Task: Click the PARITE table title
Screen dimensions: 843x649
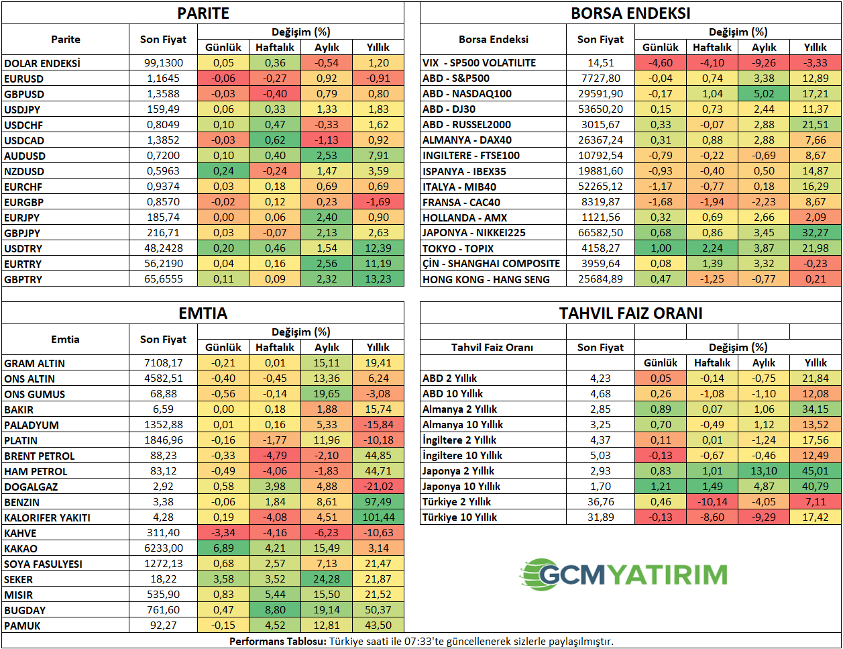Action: (203, 13)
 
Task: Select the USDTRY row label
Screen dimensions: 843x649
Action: (23, 248)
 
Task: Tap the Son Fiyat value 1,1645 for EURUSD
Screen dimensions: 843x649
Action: (163, 79)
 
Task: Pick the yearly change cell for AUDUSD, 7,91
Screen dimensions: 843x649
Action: (378, 156)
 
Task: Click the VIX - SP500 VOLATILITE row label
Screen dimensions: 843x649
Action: (479, 63)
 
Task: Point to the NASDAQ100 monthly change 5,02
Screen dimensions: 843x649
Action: (764, 94)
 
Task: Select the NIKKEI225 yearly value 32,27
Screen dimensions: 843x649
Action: (815, 233)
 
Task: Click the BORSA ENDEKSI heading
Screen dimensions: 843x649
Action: (630, 13)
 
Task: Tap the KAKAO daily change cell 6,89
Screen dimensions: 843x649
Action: (223, 548)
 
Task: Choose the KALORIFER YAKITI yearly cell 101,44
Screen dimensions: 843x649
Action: (378, 517)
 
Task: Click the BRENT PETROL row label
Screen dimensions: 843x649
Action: (39, 456)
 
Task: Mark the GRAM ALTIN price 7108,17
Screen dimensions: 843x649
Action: (163, 363)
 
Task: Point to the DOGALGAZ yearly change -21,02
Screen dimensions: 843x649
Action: (378, 487)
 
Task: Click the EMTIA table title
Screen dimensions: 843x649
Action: (203, 313)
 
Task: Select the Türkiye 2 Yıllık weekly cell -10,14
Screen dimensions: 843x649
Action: (712, 502)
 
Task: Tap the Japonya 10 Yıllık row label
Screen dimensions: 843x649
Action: (461, 487)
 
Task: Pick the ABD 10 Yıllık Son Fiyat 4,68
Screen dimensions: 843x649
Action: (600, 393)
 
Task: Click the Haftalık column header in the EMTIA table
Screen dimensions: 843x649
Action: (275, 348)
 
